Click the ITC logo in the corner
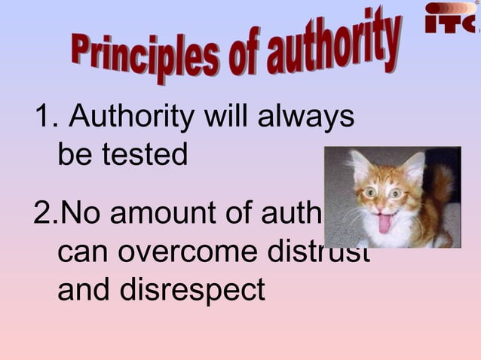point(451,18)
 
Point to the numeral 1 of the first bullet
point(43,117)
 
